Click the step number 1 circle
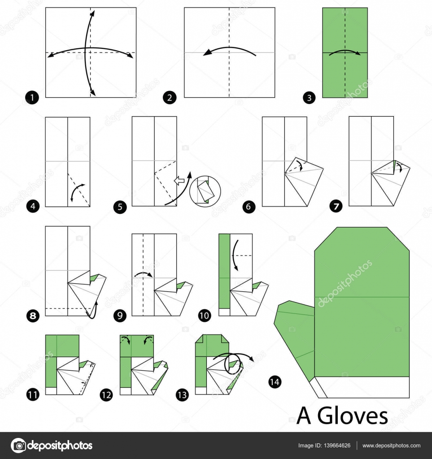[32, 96]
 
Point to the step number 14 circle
[275, 382]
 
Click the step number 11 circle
[32, 395]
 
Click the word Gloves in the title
[352, 416]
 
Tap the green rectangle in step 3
[345, 52]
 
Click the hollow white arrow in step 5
[179, 181]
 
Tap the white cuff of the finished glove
[362, 387]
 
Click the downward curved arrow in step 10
[235, 255]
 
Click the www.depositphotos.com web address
[391, 446]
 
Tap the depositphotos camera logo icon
[18, 446]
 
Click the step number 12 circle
[106, 395]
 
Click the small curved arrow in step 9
[143, 274]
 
